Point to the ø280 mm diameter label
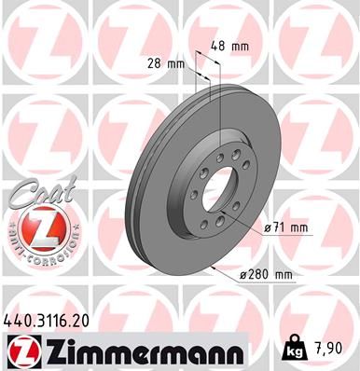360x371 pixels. [x=269, y=275]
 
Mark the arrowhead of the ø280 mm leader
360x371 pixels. [x=215, y=268]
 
